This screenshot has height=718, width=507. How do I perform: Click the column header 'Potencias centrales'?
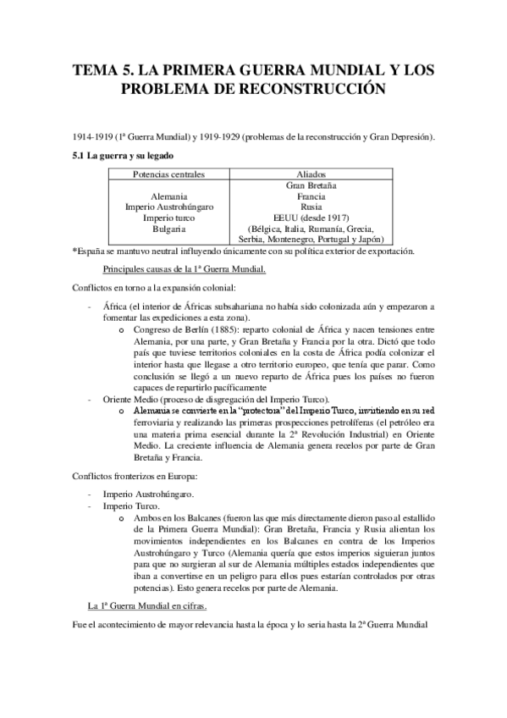tap(170, 174)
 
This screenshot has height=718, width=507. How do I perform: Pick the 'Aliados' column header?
tap(311, 174)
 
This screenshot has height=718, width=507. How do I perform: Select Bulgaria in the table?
tap(170, 229)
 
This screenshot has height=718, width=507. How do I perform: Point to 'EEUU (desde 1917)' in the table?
tap(311, 218)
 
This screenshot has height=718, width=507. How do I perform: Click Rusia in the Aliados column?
tap(311, 207)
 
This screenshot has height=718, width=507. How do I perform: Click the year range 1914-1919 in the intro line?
tap(96, 137)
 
